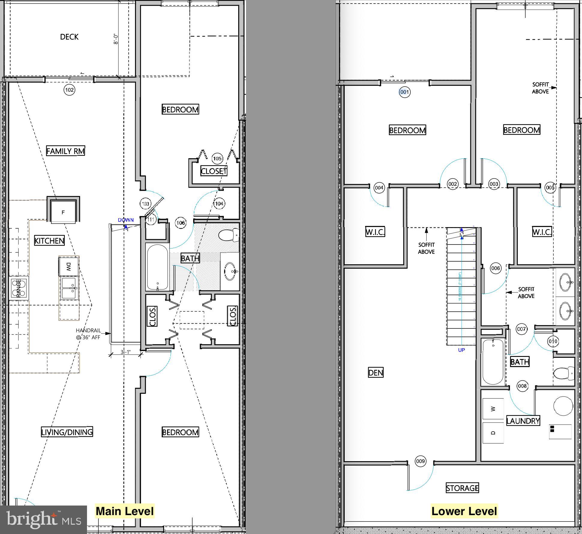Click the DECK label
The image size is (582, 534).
(69, 37)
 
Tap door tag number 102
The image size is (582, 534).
(69, 90)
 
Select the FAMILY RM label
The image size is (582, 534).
(65, 151)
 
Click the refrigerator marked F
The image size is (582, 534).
(63, 212)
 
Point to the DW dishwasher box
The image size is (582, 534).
(68, 266)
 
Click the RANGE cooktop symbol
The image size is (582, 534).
(19, 288)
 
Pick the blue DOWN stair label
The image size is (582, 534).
(126, 220)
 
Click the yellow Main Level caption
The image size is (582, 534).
(124, 511)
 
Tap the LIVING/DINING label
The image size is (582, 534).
(67, 432)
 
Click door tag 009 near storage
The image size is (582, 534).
(420, 461)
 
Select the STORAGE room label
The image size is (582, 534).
(462, 488)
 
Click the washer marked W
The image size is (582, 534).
(493, 409)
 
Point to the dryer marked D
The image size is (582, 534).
(493, 432)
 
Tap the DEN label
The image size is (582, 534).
(375, 372)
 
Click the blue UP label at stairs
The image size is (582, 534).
(461, 350)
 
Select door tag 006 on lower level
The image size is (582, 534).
(495, 268)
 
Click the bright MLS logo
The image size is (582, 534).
(43, 519)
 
